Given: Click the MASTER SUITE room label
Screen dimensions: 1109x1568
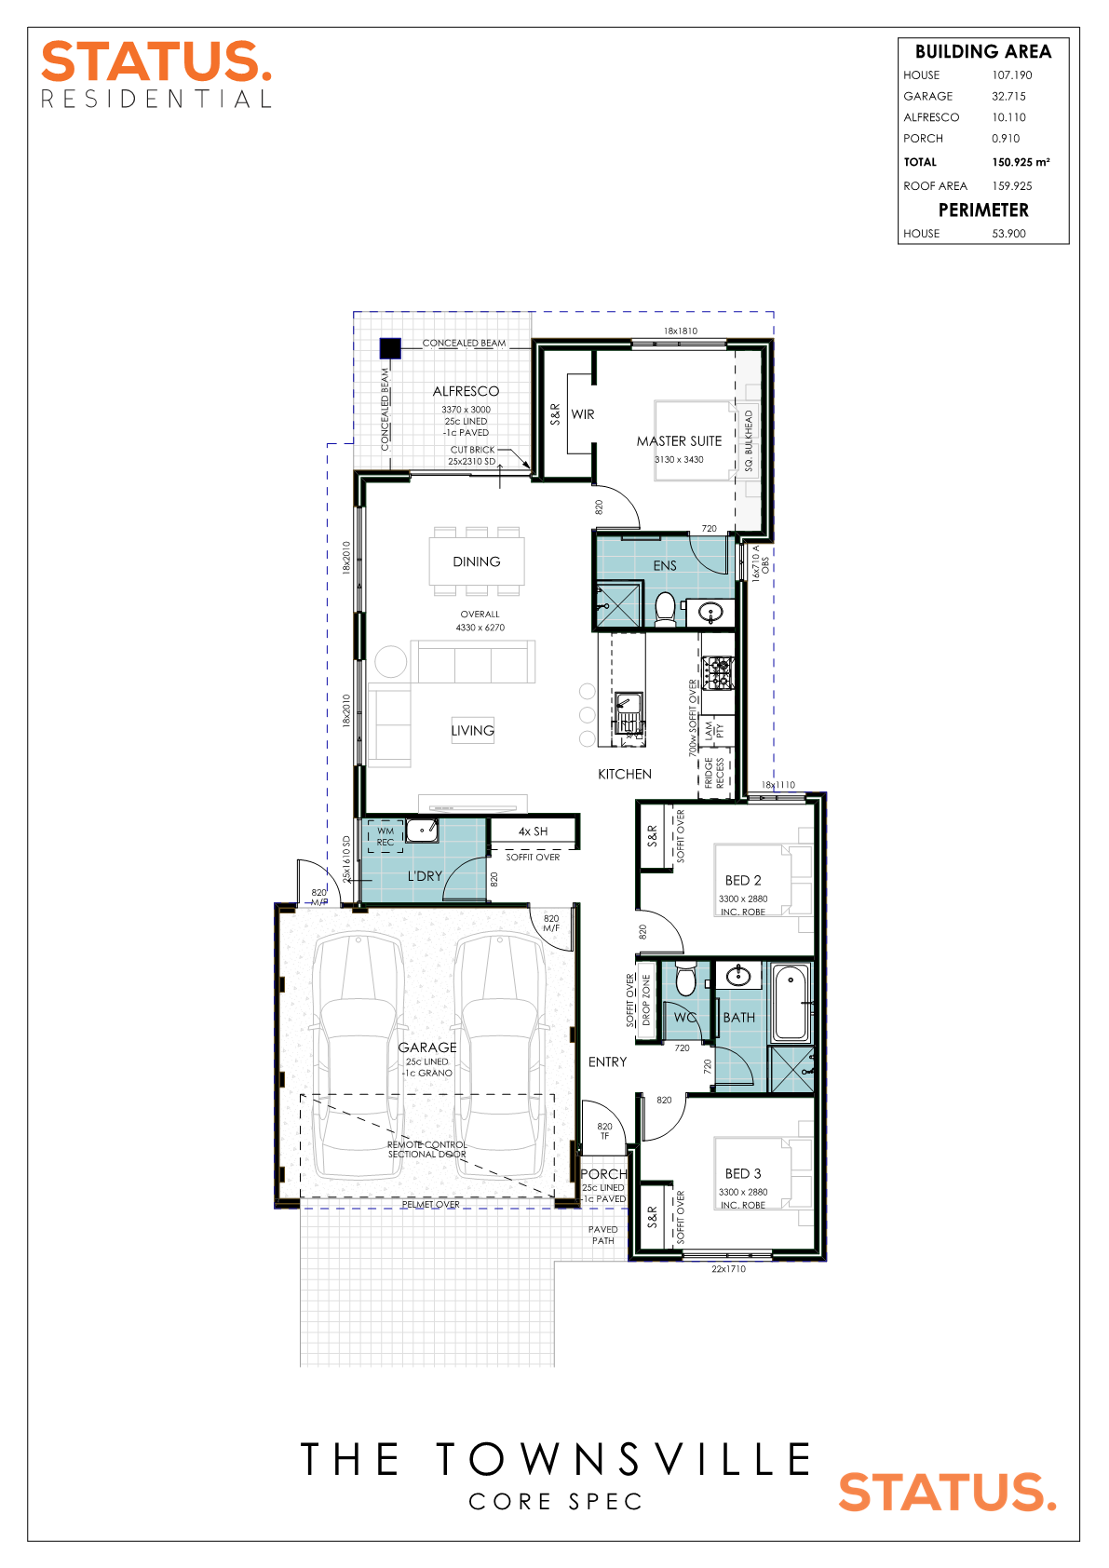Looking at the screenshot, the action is tap(679, 441).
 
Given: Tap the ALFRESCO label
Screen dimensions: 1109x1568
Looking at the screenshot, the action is tap(466, 391).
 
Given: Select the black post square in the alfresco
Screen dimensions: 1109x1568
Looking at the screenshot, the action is tap(390, 348).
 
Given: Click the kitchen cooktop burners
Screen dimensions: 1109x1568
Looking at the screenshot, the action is tap(718, 673).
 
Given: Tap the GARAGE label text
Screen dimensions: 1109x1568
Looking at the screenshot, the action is tap(427, 1048).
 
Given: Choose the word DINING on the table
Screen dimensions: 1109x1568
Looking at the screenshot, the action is tap(476, 561).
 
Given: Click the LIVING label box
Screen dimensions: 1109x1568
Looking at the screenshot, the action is tap(473, 730).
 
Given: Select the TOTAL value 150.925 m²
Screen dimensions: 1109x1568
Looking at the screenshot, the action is tap(1021, 162).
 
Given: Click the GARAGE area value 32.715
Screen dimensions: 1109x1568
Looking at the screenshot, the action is tap(1008, 96).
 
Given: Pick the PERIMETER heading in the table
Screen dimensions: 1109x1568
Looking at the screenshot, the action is tap(983, 210).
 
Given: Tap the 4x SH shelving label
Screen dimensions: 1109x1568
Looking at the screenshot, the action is tap(533, 831).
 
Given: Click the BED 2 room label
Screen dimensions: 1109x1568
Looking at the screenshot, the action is tap(743, 880).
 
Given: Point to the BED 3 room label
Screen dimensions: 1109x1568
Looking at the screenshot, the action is tap(743, 1173).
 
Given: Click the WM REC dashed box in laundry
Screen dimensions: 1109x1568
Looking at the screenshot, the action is tap(385, 836).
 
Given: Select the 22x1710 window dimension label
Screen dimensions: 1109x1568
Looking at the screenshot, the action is tap(728, 1268).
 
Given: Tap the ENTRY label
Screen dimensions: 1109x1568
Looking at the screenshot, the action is tap(607, 1061).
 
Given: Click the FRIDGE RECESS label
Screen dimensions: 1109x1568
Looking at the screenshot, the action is tap(713, 772).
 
